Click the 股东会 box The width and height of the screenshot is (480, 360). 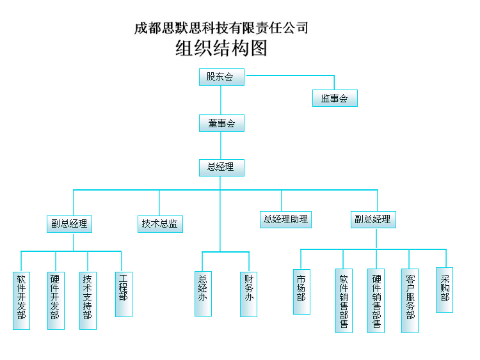click(x=221, y=77)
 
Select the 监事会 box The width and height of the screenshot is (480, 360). click(x=335, y=98)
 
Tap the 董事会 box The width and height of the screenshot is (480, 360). click(x=221, y=123)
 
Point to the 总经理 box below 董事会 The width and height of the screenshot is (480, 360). click(x=221, y=168)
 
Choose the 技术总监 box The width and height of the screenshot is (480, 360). click(x=160, y=224)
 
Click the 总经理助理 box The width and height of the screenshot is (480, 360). click(x=285, y=219)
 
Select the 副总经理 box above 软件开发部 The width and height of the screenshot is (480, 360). click(x=70, y=224)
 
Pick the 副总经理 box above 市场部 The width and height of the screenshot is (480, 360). click(x=373, y=219)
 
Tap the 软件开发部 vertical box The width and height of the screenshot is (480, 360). click(x=22, y=300)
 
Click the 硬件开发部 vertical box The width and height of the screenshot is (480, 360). click(x=56, y=300)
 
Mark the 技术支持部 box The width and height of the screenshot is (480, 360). click(x=88, y=300)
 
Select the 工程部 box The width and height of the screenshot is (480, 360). click(x=124, y=294)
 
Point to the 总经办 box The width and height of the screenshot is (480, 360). click(x=203, y=293)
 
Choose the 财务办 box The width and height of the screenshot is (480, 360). click(x=249, y=293)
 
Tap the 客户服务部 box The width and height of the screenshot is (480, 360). click(x=410, y=300)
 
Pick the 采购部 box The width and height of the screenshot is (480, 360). click(x=444, y=290)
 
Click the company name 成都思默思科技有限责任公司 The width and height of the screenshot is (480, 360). click(x=221, y=28)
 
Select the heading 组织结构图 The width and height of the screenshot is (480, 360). click(x=221, y=49)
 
